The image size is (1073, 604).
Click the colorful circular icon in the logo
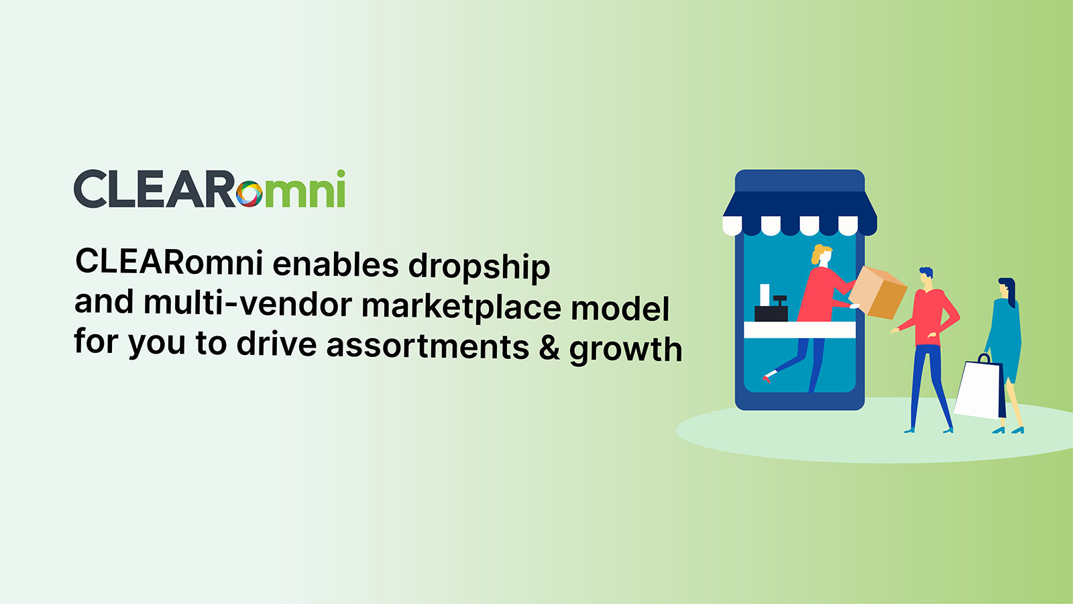pos(249,193)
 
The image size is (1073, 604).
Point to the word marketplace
pos(461,307)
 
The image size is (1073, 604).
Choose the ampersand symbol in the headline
pos(549,348)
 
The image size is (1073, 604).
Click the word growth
pos(626,350)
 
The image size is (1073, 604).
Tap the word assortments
pos(427,346)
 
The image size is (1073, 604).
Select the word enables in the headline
pos(335,264)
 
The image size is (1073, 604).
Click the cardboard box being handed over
pos(879,293)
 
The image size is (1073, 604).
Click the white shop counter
pos(799,330)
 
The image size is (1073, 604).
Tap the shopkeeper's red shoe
pos(767,379)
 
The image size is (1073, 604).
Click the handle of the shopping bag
pos(984,358)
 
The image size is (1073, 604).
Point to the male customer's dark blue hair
pos(926,272)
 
